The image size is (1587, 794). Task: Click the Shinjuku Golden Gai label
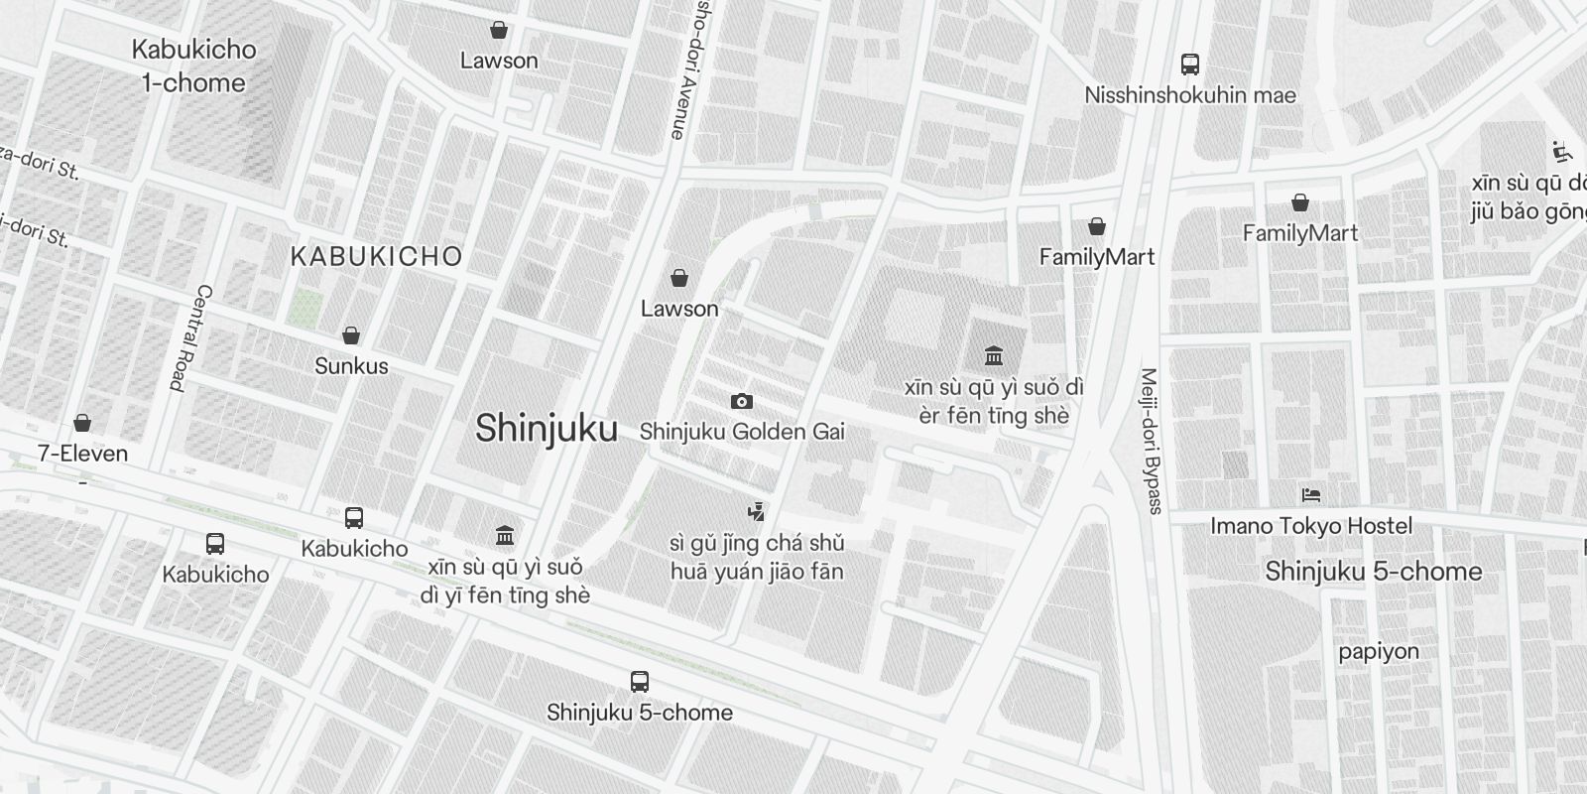coord(742,432)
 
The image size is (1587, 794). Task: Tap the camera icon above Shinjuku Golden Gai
coord(741,401)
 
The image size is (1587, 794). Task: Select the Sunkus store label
coord(351,366)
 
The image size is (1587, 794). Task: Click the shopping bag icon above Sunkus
coord(350,335)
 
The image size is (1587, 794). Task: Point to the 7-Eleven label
coord(82,454)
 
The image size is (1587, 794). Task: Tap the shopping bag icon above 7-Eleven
coord(82,423)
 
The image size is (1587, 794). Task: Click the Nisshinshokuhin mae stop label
coord(1190,95)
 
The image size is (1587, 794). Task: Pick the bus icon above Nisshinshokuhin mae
coord(1190,65)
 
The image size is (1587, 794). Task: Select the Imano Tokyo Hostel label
coord(1310,526)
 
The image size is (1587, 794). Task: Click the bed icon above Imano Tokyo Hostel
coord(1310,494)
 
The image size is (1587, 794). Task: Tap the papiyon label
coord(1379,652)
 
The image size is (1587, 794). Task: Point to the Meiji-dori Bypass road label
coord(1151,442)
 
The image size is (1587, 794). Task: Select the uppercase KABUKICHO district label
coord(376,256)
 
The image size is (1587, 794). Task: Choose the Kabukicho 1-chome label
coord(193,66)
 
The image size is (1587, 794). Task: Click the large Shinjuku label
coord(547,429)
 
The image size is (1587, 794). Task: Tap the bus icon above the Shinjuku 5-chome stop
coord(640,682)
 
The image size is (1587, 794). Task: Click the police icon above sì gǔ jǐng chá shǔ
coord(757,512)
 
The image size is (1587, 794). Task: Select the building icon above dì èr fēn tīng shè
coord(994,355)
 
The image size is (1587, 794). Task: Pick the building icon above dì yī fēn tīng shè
coord(505,536)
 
